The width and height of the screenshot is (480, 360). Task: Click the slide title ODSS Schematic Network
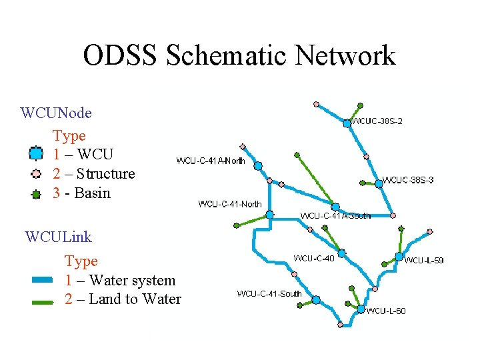coord(239,55)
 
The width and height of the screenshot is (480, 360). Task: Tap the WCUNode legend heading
coord(57,113)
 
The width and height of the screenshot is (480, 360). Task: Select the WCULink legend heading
coord(58,237)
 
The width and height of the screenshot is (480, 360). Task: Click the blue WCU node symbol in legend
coord(36,155)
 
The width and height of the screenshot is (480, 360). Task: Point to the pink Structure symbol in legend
coord(36,175)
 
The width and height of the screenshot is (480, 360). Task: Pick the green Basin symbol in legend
coord(36,194)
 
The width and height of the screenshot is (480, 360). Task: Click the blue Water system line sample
coord(41,281)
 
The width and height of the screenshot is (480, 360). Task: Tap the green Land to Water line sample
coord(41,301)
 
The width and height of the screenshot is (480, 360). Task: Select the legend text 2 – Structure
coord(93,174)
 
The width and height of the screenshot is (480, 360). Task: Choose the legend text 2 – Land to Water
coord(123,299)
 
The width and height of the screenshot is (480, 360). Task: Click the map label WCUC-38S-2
coord(377,121)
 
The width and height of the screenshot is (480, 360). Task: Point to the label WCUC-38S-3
coord(408,180)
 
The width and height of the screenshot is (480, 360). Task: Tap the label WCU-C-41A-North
coord(210,161)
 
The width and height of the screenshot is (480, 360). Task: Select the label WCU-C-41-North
coord(230,204)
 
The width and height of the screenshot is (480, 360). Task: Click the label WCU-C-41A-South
coord(335,215)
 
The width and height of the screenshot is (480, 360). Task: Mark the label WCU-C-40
coord(315,258)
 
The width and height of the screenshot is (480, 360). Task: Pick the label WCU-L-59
coord(424,260)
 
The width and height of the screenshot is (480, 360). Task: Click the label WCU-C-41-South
coord(269,293)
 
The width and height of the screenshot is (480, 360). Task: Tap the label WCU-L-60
coord(386,311)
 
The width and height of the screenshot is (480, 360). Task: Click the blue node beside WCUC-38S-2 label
coord(347,123)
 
